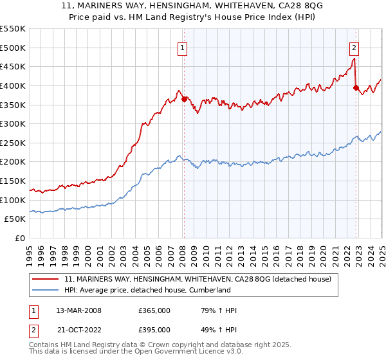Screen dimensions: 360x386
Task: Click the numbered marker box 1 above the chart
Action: click(183, 47)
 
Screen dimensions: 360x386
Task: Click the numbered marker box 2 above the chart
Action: click(354, 47)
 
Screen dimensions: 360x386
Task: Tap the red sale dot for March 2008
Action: click(184, 99)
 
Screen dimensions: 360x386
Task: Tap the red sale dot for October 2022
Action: click(356, 87)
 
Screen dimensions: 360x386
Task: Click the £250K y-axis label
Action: click(13, 143)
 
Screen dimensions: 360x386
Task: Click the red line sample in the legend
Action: click(44, 279)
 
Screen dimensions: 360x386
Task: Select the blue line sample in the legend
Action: click(44, 290)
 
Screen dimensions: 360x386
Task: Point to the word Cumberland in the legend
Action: click(227, 290)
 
